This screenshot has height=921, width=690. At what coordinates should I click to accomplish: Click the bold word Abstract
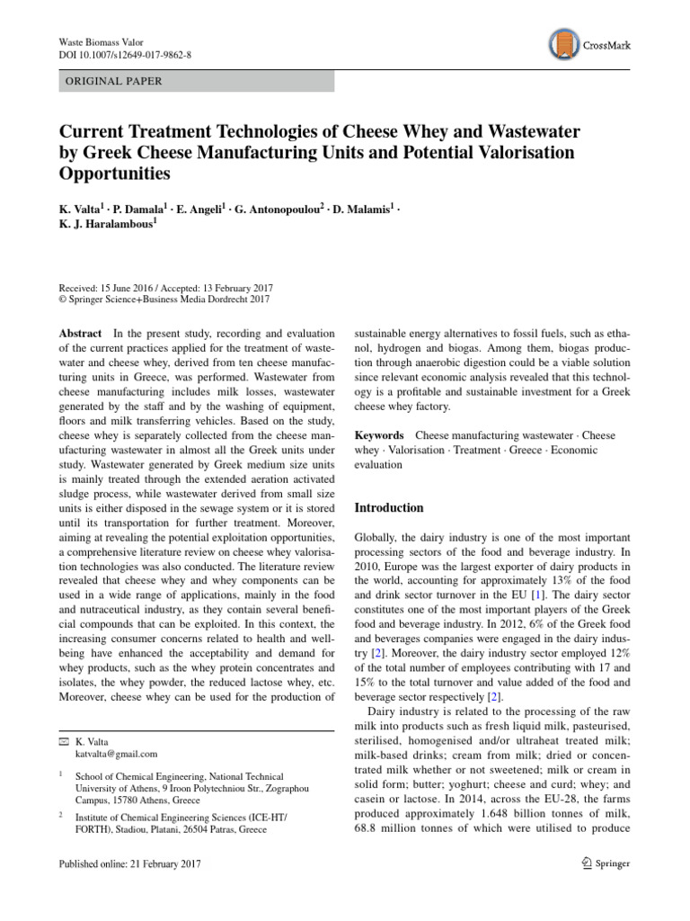pos(79,333)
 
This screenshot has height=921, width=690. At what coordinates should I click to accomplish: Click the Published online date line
pos(129,863)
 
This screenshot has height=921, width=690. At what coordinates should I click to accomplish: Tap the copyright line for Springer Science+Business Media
pos(164,300)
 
